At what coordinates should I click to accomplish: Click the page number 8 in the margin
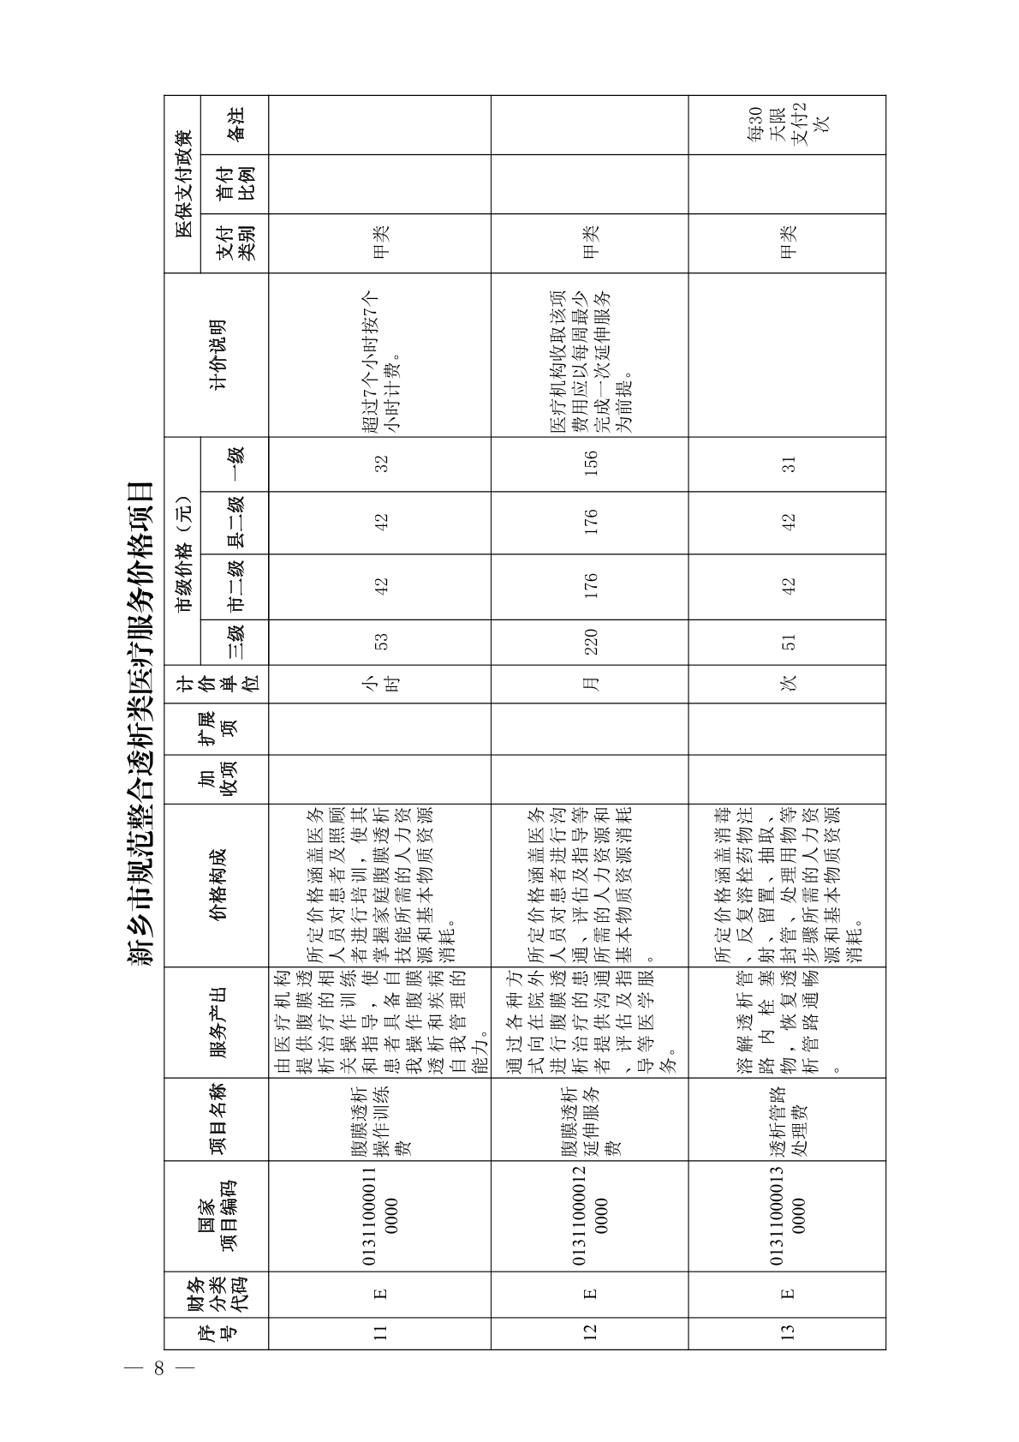pyautogui.click(x=158, y=1367)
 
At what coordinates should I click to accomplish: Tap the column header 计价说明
pyautogui.click(x=218, y=355)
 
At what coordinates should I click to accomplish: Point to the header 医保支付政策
pyautogui.click(x=182, y=184)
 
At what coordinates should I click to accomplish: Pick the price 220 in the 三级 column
pyautogui.click(x=590, y=642)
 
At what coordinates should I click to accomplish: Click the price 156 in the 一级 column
pyautogui.click(x=590, y=463)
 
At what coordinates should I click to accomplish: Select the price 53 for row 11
pyautogui.click(x=381, y=642)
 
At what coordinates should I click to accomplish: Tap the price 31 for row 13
pyautogui.click(x=789, y=463)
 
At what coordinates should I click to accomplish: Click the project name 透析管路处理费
pyautogui.click(x=789, y=1117)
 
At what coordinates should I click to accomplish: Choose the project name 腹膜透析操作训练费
pyautogui.click(x=381, y=1117)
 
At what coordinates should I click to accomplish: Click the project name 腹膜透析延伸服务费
pyautogui.click(x=590, y=1117)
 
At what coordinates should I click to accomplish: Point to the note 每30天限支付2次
pyautogui.click(x=789, y=125)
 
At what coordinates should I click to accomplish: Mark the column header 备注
pyautogui.click(x=234, y=125)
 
